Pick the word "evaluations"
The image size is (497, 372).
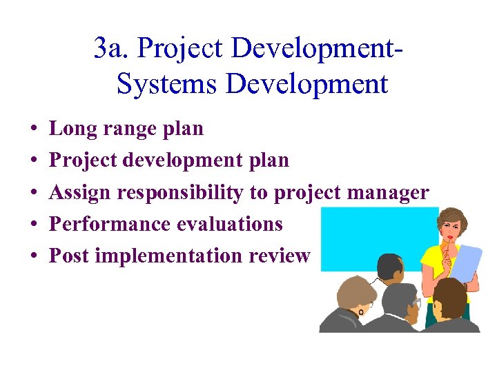(x=230, y=225)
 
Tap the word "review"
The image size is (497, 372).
(x=280, y=256)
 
